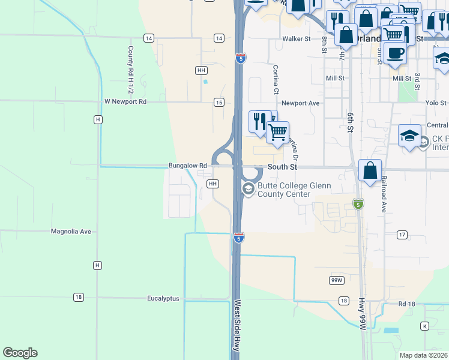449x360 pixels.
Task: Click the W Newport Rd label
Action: pos(125,101)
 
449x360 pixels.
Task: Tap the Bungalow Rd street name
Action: pos(187,166)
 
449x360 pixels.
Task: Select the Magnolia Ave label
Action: pos(70,231)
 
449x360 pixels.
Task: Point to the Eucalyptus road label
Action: pos(163,298)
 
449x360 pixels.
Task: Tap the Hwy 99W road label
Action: pos(362,329)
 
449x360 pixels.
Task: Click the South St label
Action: pos(282,167)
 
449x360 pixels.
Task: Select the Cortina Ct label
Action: pos(276,80)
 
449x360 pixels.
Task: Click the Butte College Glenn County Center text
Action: pos(293,190)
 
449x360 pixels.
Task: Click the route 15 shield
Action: pos(219,103)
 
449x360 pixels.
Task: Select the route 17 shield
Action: pos(402,235)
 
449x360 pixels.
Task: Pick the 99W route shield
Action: pos(336,280)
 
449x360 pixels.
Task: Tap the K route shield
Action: pos(425,326)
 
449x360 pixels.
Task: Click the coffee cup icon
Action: pos(395,53)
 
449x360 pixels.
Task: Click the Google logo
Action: pos(20,353)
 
